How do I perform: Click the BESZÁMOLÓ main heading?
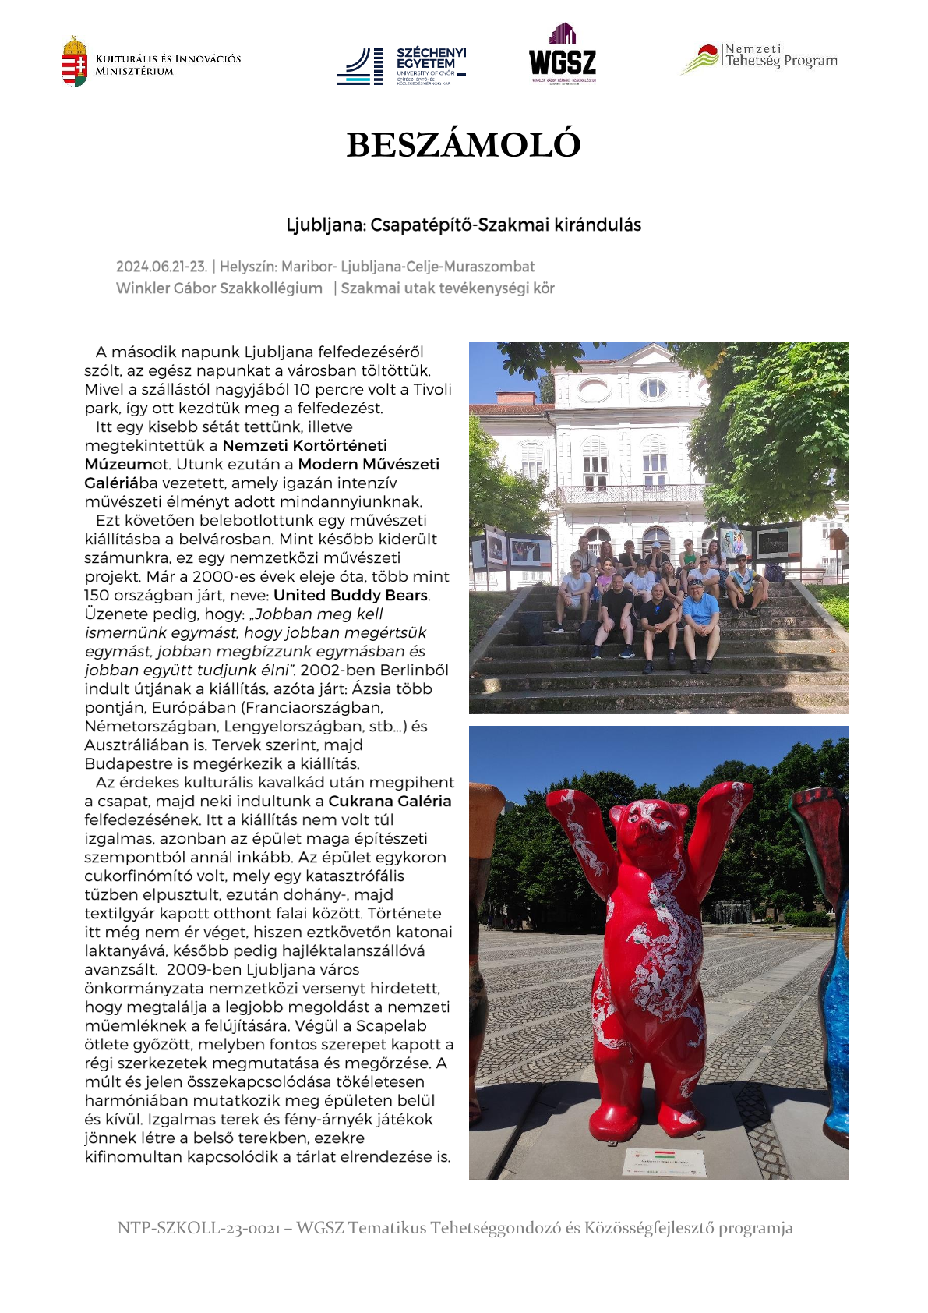point(464,145)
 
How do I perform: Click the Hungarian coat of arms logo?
point(75,62)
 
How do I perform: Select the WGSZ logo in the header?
point(563,55)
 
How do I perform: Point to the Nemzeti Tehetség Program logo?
point(760,58)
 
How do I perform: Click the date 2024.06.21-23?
point(161,267)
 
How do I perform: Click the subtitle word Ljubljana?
point(325,225)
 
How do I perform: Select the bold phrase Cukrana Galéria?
point(390,802)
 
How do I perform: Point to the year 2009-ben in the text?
point(198,970)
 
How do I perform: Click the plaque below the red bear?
point(665,1160)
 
